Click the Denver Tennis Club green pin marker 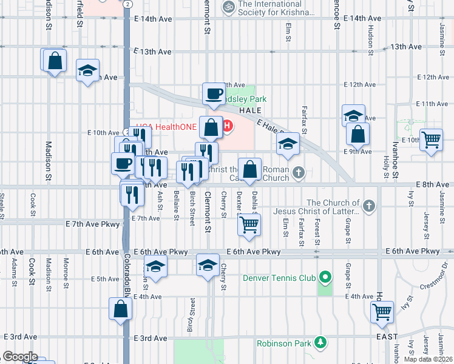[325, 278]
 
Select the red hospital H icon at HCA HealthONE [227, 126]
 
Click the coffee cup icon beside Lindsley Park [213, 94]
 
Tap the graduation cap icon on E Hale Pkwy [288, 144]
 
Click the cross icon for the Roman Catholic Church [298, 173]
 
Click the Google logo [19, 357]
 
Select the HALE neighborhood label [249, 111]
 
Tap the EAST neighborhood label [387, 337]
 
